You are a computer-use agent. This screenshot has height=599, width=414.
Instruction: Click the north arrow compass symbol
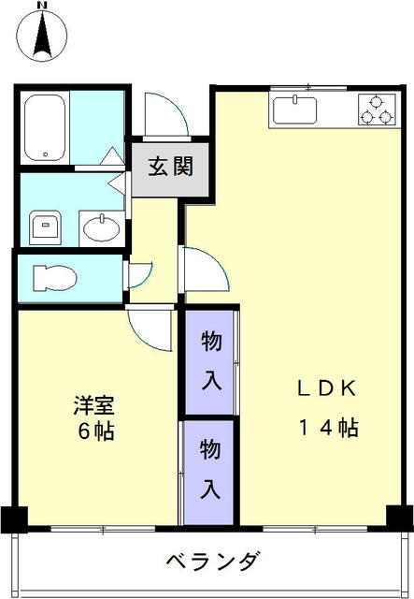pos(42,37)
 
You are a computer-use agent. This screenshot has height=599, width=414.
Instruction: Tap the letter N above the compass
pos(43,5)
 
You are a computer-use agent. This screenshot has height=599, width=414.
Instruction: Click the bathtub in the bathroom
pos(45,128)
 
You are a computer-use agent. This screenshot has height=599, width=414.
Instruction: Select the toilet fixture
pos(54,278)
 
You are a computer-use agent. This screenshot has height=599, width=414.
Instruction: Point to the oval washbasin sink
pos(102,228)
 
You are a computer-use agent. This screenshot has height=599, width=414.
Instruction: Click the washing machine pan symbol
pos(46,227)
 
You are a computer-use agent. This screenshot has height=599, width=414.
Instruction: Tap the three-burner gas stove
pos(377,110)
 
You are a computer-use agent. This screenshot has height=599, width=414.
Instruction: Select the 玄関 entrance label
pos(171,167)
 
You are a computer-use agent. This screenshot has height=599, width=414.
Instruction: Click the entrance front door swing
pos(166,114)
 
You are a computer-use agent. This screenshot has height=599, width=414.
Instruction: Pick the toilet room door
pos(139,274)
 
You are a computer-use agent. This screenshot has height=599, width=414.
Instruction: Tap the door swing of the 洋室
pos(150,329)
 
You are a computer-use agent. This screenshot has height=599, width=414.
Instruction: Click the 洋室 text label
pos(94,405)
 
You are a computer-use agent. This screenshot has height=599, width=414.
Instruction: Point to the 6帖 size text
pos(95,431)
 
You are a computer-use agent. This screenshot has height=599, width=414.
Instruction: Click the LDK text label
pos(327,388)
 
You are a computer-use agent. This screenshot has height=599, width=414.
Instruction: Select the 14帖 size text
pos(329,428)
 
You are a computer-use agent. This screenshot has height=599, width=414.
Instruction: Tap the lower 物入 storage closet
pos(208,472)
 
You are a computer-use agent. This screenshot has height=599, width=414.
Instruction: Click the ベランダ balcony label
pos(214,562)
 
